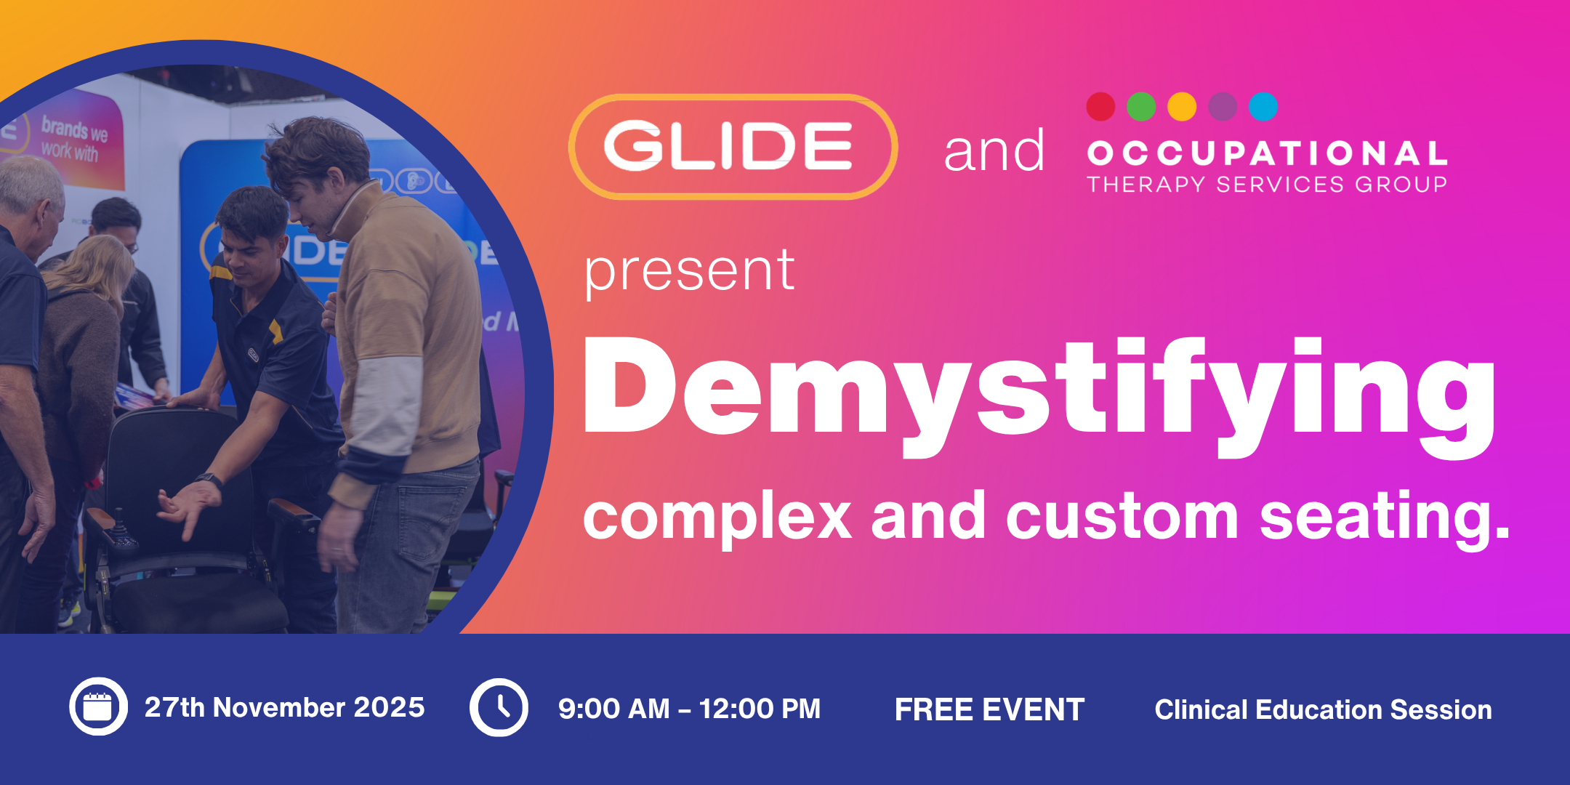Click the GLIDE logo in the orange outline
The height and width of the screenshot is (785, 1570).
[733, 147]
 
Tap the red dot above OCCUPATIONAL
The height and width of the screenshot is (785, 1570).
[1100, 107]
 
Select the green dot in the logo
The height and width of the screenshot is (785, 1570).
[1141, 107]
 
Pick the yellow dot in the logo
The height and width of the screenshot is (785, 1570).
[1182, 107]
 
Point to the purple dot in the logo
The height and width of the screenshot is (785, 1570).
[1223, 107]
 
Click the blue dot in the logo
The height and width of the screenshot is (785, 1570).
[1263, 107]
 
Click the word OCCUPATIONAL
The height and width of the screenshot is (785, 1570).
[1267, 153]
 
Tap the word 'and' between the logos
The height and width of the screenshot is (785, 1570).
[994, 151]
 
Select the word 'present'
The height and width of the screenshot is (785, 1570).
[690, 272]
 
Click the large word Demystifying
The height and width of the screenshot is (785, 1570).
[1039, 396]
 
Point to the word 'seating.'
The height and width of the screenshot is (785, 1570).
[1385, 517]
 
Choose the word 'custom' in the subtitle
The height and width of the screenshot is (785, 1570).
[1122, 517]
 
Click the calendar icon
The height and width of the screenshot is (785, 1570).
[99, 706]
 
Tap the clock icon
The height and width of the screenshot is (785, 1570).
[499, 707]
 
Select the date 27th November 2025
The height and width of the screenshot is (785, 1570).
[284, 707]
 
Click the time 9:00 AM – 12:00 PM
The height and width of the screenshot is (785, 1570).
[689, 709]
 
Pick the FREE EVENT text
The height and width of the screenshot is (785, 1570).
[989, 709]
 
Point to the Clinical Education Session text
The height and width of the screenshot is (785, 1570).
[1323, 709]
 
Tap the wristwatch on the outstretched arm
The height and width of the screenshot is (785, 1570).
[209, 480]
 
